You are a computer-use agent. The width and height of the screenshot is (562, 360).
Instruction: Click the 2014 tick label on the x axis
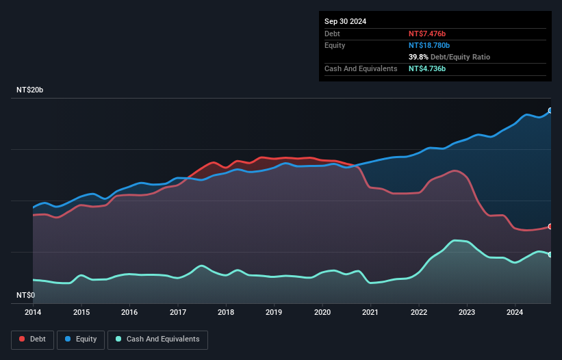[33, 312]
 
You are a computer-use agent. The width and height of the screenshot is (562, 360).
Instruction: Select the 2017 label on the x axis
[178, 312]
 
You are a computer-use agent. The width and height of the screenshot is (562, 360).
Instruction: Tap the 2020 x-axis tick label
[322, 312]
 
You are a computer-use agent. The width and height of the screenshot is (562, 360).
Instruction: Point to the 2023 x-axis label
[468, 312]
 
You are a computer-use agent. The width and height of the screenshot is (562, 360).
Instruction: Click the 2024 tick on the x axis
[515, 312]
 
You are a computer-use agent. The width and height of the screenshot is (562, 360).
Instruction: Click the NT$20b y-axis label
[30, 90]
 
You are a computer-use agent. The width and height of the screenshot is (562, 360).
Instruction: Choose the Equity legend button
[81, 339]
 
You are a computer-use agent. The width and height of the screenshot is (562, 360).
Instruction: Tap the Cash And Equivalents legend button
[157, 339]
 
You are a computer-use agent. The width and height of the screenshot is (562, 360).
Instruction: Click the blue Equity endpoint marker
[550, 110]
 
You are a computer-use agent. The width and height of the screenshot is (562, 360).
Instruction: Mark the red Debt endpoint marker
[550, 226]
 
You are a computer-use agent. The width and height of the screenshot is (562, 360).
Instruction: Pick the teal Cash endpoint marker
[550, 254]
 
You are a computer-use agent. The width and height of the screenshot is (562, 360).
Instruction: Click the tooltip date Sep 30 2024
[345, 21]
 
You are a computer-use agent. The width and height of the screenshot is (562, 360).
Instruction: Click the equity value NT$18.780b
[433, 45]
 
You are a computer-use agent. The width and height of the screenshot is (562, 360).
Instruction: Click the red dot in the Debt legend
[22, 339]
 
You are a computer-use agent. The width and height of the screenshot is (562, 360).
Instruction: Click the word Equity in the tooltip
[335, 45]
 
